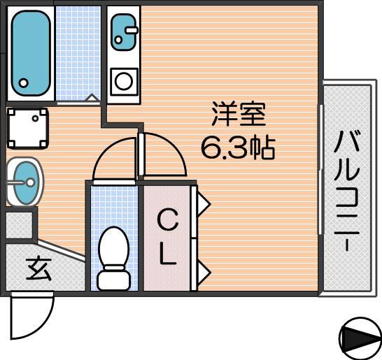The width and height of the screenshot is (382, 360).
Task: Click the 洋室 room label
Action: tap(239, 115)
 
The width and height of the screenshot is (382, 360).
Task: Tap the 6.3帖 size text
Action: tap(238, 147)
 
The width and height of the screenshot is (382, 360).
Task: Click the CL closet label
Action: tap(168, 238)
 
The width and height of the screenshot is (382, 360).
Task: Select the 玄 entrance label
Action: tap(38, 269)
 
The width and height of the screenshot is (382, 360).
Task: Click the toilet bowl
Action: tap(113, 247)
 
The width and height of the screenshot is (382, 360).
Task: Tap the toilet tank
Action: tap(113, 279)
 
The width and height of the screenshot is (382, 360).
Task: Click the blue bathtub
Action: tap(31, 53)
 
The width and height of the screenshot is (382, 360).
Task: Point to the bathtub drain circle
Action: tap(23, 83)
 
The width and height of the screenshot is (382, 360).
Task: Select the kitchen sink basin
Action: tap(123, 32)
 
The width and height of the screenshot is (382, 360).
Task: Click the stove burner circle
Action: tap(124, 82)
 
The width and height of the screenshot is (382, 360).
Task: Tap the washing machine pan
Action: tap(27, 129)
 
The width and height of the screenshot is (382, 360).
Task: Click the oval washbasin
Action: tap(25, 182)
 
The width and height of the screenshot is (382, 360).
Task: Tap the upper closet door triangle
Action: tap(203, 203)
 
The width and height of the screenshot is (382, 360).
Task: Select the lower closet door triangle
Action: tap(203, 272)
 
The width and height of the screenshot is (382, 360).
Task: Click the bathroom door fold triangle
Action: tap(92, 97)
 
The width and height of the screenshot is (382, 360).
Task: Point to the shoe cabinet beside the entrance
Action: tap(20, 225)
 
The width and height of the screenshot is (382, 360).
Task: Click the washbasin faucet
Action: tap(22, 182)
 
